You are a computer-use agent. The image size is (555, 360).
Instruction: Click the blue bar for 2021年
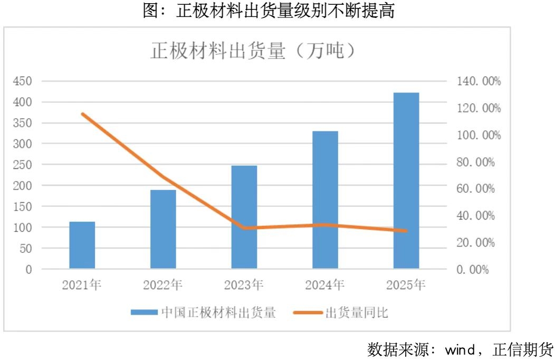click(82, 245)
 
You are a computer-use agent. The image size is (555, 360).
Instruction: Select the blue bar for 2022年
click(163, 229)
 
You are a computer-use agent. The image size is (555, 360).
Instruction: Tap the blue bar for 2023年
click(244, 217)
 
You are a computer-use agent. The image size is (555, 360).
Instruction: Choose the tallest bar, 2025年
click(406, 181)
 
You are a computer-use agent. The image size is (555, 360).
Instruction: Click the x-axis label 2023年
click(244, 286)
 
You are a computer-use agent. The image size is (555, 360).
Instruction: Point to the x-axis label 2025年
click(406, 286)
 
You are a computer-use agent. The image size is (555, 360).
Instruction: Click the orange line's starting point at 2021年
click(82, 113)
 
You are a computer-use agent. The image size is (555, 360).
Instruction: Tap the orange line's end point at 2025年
click(406, 231)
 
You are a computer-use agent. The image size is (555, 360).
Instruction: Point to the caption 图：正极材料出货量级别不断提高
click(269, 11)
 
